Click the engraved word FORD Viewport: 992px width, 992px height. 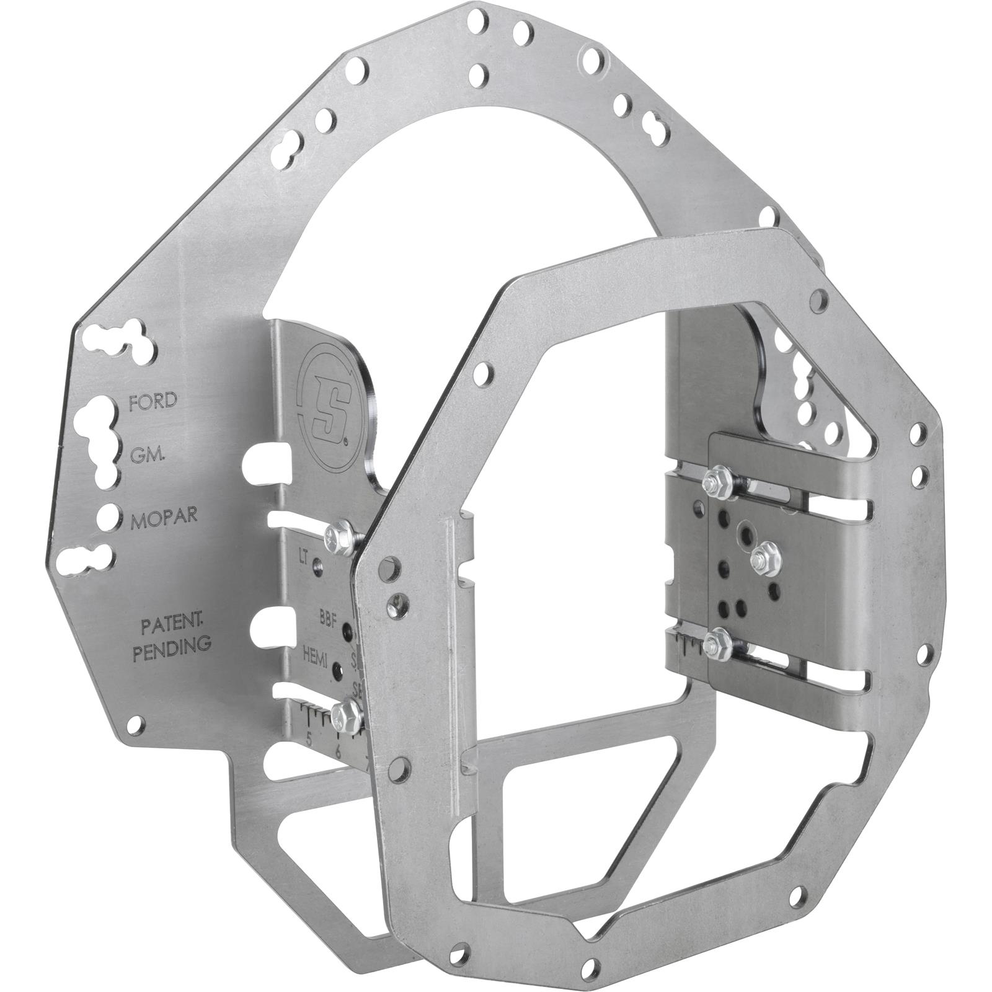point(153,401)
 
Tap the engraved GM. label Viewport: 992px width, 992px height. point(147,457)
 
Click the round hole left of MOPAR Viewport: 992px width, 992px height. point(108,516)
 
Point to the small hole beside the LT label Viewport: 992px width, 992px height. point(318,565)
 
